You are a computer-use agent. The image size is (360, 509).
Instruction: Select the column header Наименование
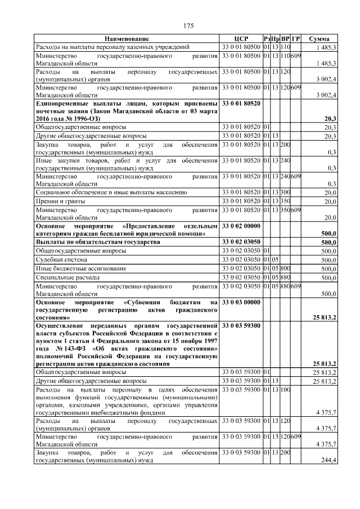pyautogui.click(x=127, y=38)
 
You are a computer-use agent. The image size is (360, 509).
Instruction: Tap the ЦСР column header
pyautogui.click(x=241, y=38)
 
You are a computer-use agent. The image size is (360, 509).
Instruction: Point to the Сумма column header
pyautogui.click(x=319, y=38)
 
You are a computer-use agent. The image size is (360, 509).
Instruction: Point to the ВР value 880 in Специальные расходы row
pyautogui.click(x=285, y=278)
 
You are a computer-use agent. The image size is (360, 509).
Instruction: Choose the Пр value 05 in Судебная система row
pyautogui.click(x=276, y=260)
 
